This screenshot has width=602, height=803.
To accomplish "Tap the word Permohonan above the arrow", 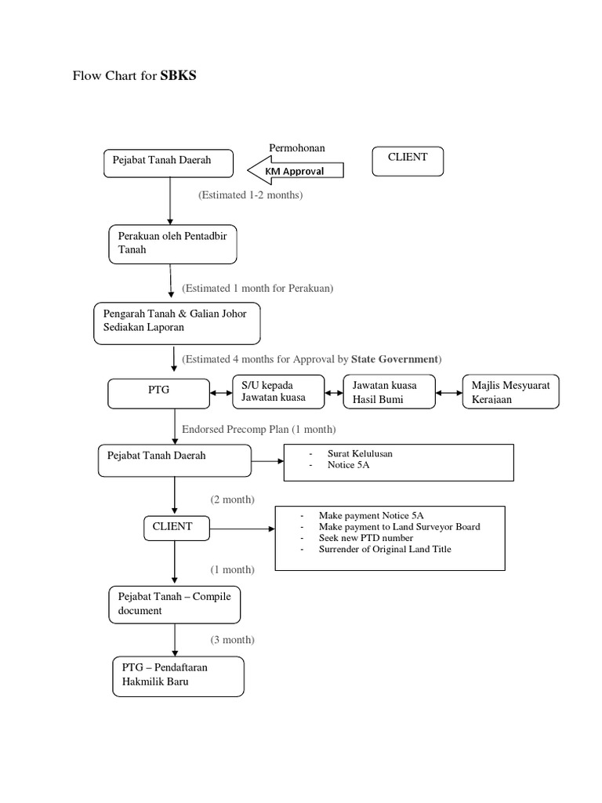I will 297,147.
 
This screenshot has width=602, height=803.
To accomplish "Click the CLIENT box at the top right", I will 408,162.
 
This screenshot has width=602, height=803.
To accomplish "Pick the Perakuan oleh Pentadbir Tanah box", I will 172,243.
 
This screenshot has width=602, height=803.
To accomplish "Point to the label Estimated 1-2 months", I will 250,195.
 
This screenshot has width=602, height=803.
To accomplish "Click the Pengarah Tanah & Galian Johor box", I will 176,322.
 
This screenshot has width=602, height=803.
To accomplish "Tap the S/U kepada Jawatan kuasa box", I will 278,391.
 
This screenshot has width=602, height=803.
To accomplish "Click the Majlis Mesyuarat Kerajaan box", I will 510,391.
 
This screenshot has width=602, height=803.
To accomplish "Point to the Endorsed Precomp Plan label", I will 259,430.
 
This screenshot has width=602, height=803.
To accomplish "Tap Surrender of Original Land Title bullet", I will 384,549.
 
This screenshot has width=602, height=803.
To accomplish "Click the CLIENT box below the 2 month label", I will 172,528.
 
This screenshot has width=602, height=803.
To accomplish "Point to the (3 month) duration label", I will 232,640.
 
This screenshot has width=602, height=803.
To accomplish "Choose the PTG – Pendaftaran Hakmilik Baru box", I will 177,675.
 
